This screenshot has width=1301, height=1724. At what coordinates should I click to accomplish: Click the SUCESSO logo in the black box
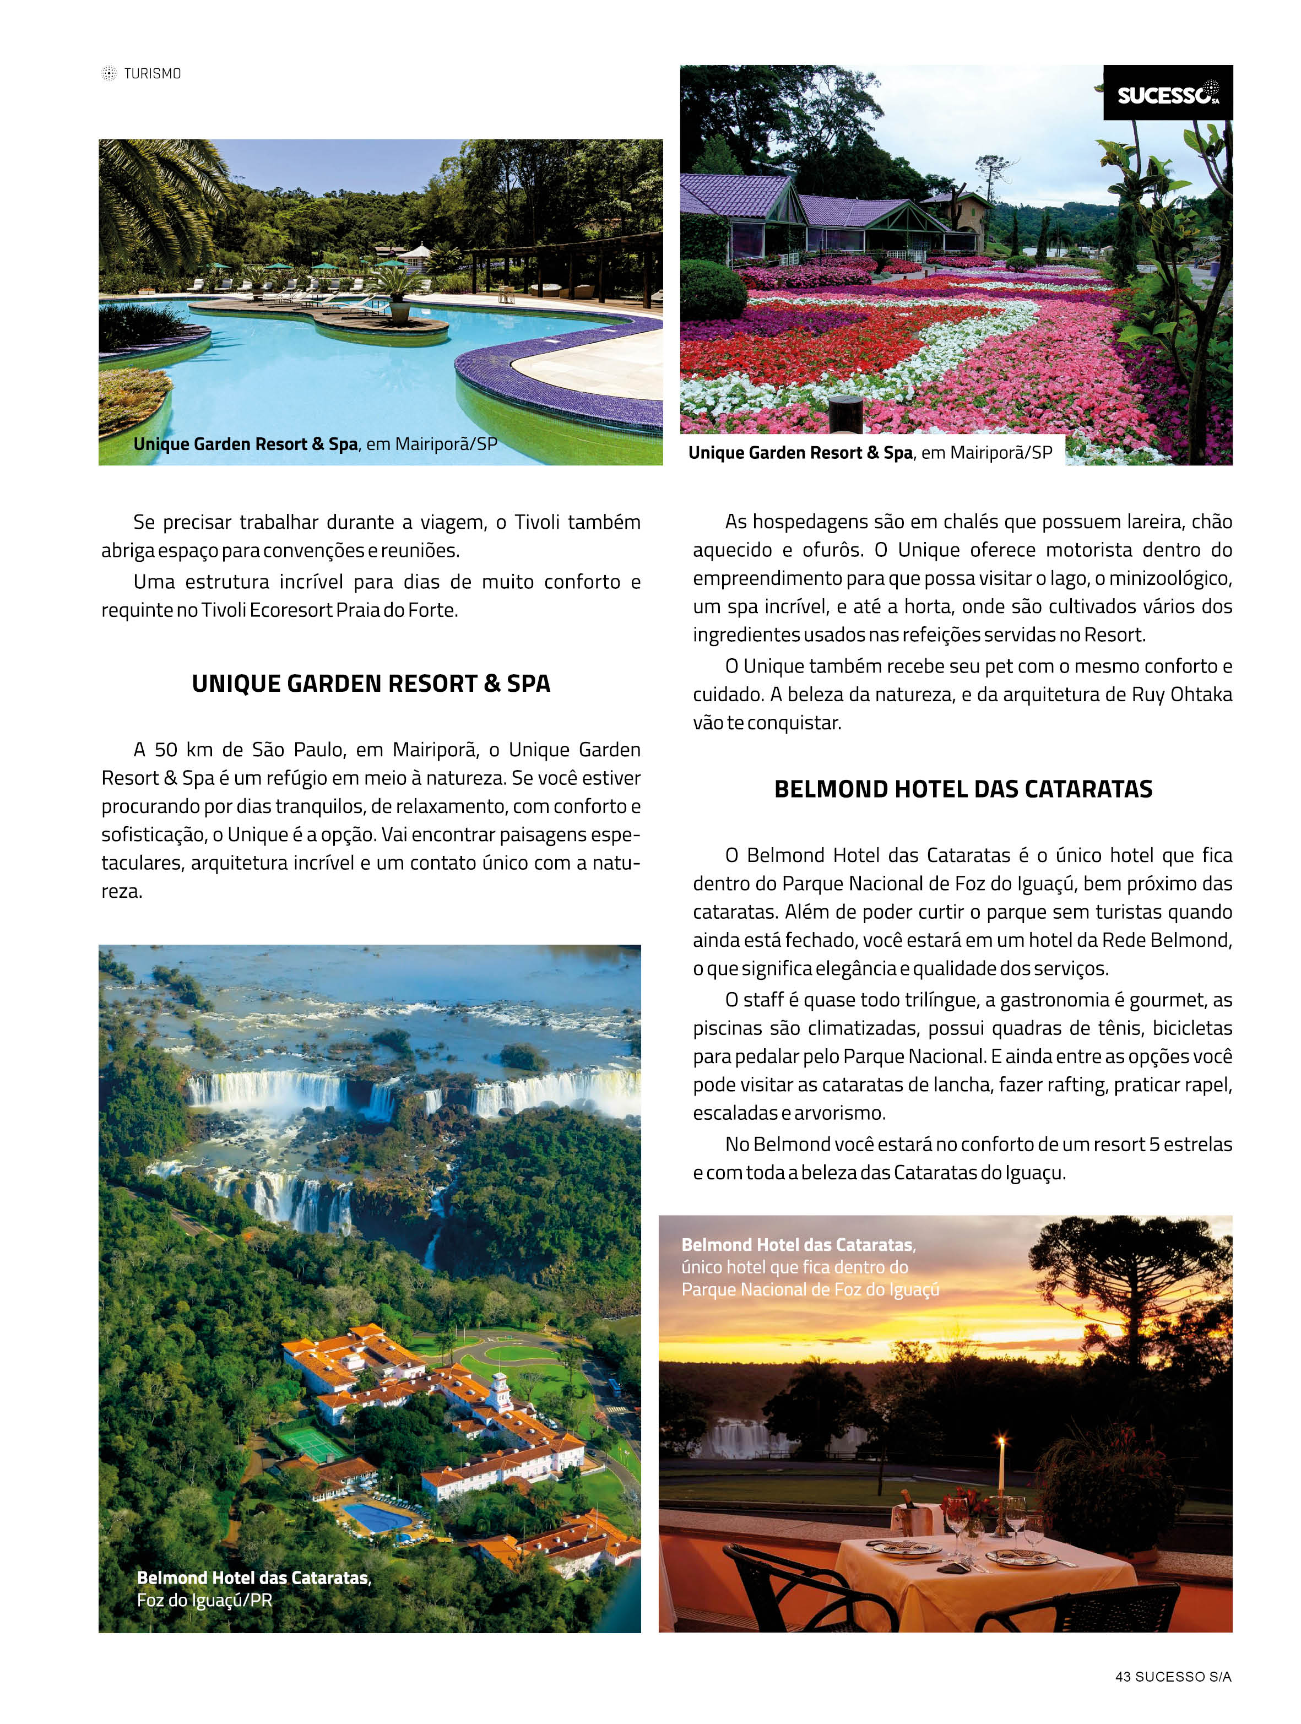(1167, 94)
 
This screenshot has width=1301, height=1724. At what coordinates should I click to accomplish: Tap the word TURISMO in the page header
(153, 74)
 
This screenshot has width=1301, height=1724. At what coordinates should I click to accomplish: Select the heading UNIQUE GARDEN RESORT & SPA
(371, 684)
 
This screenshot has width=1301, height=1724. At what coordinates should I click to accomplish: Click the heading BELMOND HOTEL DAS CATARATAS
(963, 789)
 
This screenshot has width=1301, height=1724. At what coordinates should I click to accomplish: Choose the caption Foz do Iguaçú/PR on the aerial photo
(204, 1601)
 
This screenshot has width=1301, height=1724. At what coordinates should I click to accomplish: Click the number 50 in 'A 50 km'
(166, 750)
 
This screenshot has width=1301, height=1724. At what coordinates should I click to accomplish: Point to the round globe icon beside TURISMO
(109, 74)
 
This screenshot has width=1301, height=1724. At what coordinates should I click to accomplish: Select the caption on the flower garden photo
(870, 453)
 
